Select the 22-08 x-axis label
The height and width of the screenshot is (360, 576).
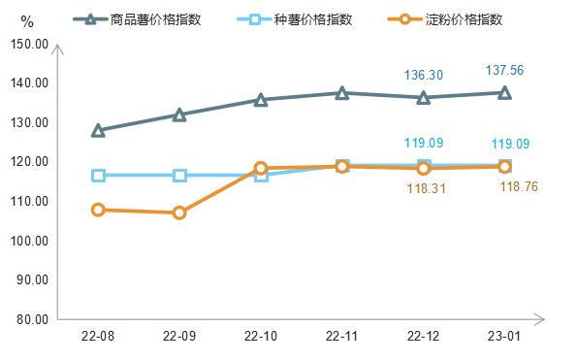pyautogui.click(x=98, y=336)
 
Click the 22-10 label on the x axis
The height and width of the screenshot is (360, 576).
pyautogui.click(x=260, y=336)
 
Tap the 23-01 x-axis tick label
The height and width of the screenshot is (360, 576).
pyautogui.click(x=504, y=336)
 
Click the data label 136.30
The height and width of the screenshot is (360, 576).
pyautogui.click(x=423, y=75)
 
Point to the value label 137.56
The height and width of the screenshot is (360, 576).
pyautogui.click(x=504, y=70)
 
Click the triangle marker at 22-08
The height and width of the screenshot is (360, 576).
pyautogui.click(x=98, y=130)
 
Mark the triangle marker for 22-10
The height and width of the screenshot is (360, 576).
pyautogui.click(x=260, y=99)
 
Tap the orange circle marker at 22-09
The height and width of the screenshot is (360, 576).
pyautogui.click(x=179, y=213)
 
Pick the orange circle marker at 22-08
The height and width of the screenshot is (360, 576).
pyautogui.click(x=98, y=210)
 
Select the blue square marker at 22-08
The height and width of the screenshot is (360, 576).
pyautogui.click(x=98, y=176)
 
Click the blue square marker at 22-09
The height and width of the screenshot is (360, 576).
pyautogui.click(x=179, y=176)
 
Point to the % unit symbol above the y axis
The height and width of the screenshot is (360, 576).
pyautogui.click(x=26, y=21)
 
